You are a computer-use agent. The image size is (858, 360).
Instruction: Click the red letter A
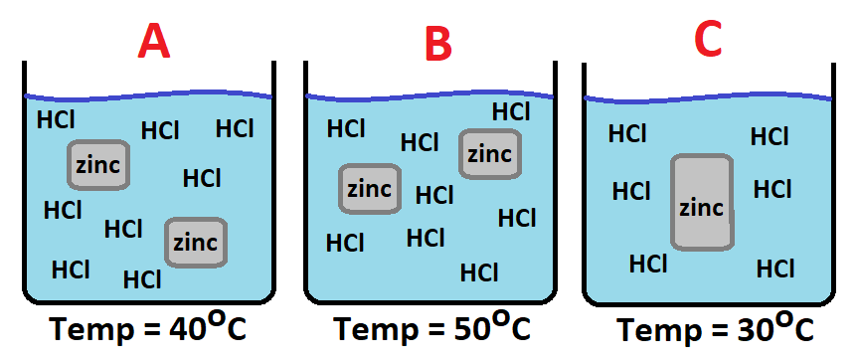154,42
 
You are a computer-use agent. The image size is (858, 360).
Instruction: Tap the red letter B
438,43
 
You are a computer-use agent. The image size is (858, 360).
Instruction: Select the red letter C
708,40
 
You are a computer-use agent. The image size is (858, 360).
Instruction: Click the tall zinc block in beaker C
702,203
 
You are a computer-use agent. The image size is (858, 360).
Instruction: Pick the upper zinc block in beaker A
98,165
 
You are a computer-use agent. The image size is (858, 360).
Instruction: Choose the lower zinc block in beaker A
196,243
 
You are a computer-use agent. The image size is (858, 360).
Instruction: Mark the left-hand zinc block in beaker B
370,189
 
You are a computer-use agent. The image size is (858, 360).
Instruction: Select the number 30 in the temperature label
750,330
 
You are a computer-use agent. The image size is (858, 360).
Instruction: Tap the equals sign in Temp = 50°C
431,331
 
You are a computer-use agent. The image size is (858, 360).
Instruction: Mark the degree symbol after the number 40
212,319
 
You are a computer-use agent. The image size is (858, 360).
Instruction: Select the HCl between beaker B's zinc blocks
434,195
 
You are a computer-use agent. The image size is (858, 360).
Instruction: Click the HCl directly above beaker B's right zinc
511,111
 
